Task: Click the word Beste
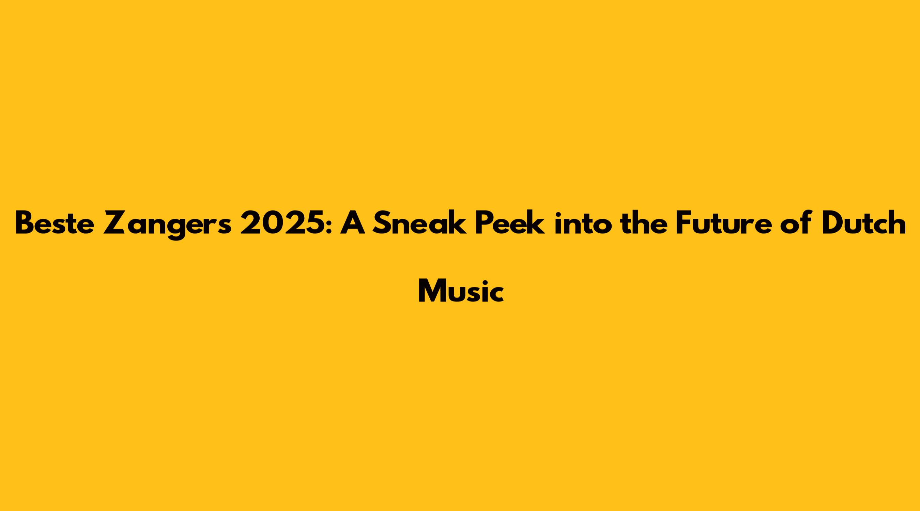click(55, 223)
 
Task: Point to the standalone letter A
click(353, 223)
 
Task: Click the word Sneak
click(419, 223)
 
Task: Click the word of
click(796, 222)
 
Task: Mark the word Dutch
click(863, 222)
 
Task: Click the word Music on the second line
click(461, 291)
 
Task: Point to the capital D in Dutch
click(833, 223)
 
